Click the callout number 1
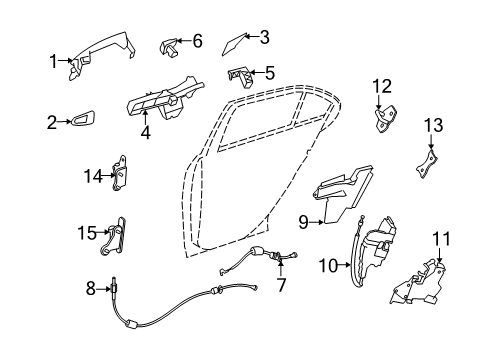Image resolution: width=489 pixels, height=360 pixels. click(x=53, y=61)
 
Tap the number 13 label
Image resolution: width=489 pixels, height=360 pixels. click(x=433, y=125)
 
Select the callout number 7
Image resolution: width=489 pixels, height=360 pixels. click(x=281, y=285)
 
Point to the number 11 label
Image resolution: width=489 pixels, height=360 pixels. click(x=441, y=239)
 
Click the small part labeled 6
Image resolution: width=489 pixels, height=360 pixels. click(x=169, y=47)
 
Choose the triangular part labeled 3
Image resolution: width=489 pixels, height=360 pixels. click(x=235, y=44)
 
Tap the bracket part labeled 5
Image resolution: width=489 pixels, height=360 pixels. click(x=240, y=77)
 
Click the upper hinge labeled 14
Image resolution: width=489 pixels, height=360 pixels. click(x=119, y=173)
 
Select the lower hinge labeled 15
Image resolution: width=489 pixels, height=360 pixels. click(x=114, y=236)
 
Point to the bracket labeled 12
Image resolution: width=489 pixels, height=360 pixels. click(x=386, y=118)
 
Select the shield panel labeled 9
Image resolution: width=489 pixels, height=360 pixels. click(x=343, y=193)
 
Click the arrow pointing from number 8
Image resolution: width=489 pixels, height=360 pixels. click(x=103, y=289)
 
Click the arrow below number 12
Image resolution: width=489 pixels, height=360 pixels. click(x=378, y=102)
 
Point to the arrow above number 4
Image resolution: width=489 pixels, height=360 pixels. click(x=145, y=118)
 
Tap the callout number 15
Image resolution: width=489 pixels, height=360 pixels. click(x=87, y=233)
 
